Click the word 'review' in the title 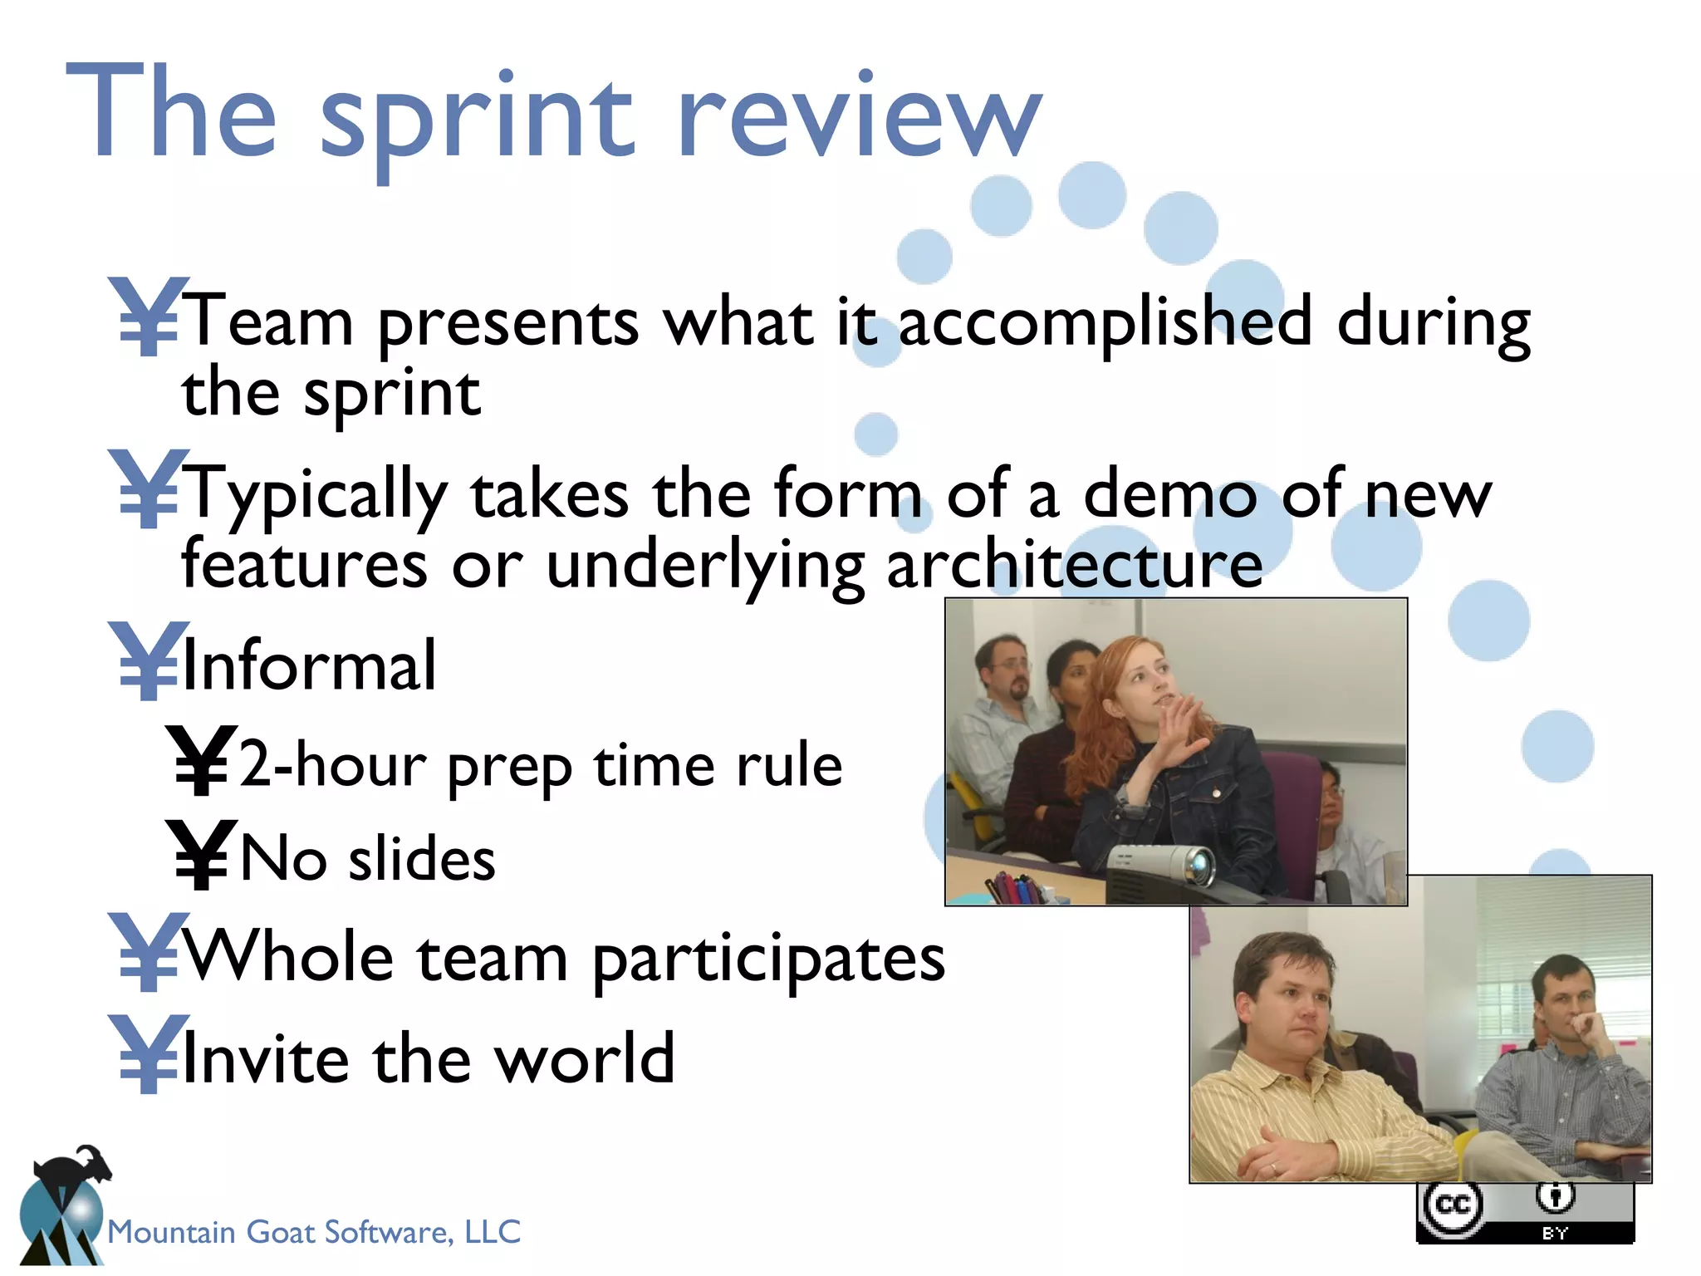pos(859,116)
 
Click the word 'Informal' pos(309,665)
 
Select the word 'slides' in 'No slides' pos(421,859)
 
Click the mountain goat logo pos(65,1205)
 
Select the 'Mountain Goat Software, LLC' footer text pos(314,1232)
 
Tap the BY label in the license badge pos(1554,1233)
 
